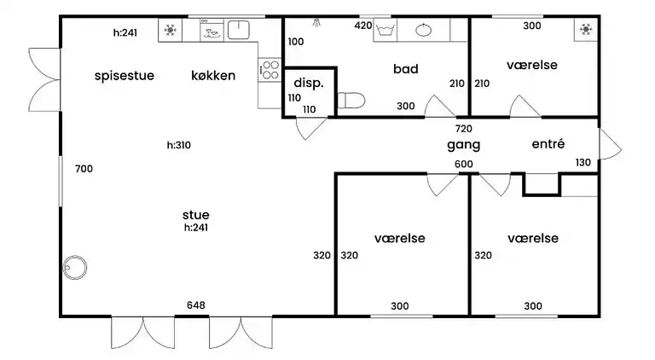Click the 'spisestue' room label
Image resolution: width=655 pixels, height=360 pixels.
(x=124, y=75)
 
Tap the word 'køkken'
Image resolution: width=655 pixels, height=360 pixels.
(x=213, y=75)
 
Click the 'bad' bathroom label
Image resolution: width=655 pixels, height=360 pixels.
(x=405, y=68)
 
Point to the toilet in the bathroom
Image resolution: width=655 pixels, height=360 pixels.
(x=351, y=101)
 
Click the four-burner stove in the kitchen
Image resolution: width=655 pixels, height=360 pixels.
(x=270, y=69)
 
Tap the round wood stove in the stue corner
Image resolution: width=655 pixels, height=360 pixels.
(x=76, y=267)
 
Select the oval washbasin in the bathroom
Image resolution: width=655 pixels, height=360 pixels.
(x=424, y=31)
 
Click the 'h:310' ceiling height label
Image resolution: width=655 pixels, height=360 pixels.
(x=178, y=145)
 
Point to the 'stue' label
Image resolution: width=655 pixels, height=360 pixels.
(x=195, y=214)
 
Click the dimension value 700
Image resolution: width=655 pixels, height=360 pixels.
(x=84, y=169)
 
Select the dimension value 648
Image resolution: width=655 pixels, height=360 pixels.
(x=195, y=305)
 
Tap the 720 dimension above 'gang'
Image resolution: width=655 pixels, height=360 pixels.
(x=463, y=128)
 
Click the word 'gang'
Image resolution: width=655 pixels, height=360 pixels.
(x=464, y=144)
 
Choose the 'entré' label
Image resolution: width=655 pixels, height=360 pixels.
(x=548, y=144)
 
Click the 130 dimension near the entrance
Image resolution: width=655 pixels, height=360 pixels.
(x=583, y=163)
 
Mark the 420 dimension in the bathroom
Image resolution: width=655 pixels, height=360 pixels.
(x=362, y=26)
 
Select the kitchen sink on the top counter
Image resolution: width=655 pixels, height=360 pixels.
(x=238, y=31)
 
